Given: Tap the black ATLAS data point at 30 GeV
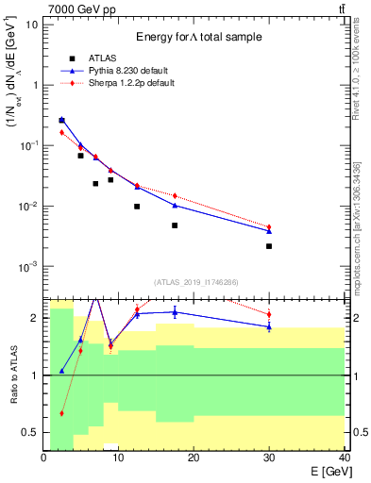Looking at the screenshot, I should [269, 246].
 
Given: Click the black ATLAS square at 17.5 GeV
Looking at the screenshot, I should [175, 225].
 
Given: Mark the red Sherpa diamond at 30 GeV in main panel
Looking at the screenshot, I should [269, 227].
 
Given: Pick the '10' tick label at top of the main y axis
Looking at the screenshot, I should [30, 24].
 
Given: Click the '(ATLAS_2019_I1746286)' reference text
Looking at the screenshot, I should [195, 282].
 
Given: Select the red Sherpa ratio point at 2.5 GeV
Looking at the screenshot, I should [62, 413].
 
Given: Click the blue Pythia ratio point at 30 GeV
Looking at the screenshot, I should [269, 327].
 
